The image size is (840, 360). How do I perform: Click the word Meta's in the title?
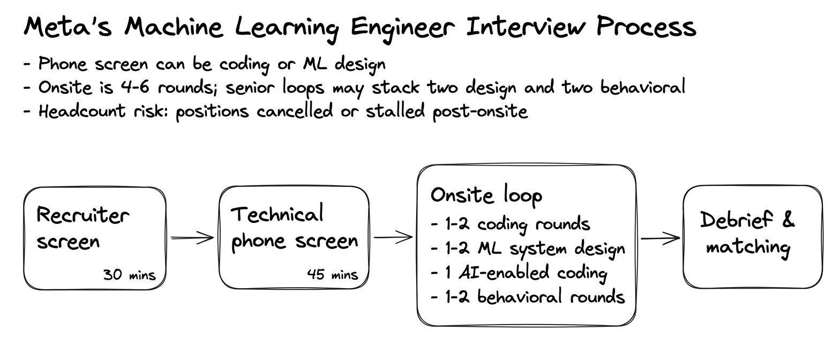[x=68, y=27]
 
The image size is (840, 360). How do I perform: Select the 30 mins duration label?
[x=130, y=275]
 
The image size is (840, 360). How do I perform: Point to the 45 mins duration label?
[x=333, y=274]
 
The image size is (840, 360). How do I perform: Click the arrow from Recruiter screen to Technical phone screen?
[x=192, y=238]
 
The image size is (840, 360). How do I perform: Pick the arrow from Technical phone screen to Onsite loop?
[x=393, y=237]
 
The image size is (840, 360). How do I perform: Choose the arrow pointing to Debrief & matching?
[x=661, y=238]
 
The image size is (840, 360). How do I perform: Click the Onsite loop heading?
[x=486, y=196]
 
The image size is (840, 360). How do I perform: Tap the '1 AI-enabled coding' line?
[x=519, y=273]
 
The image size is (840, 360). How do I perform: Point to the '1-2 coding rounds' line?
[x=511, y=224]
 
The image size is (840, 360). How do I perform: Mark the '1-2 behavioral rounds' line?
[x=528, y=297]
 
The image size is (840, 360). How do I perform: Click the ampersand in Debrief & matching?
[x=788, y=219]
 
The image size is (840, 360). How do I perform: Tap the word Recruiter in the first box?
[x=83, y=215]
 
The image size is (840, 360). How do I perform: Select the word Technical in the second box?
[x=277, y=214]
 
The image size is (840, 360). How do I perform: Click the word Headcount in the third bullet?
[x=82, y=111]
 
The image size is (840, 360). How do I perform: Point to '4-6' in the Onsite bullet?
[x=135, y=87]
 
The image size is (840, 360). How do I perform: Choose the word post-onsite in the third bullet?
[x=481, y=112]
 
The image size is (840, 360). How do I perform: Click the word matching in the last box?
[x=748, y=247]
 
